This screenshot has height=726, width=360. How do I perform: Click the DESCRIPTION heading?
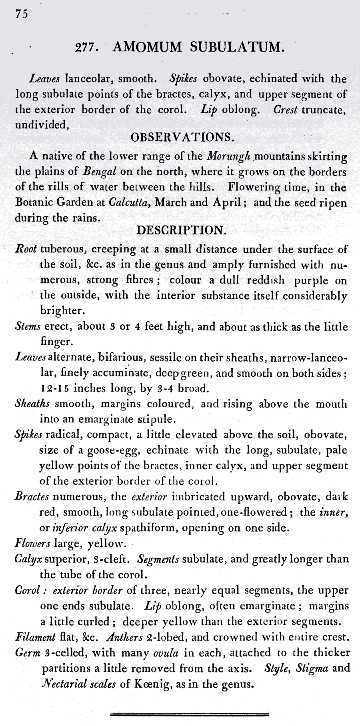coord(182,230)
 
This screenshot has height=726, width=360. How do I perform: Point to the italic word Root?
coord(26,248)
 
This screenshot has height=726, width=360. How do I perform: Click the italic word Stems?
coord(28,326)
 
